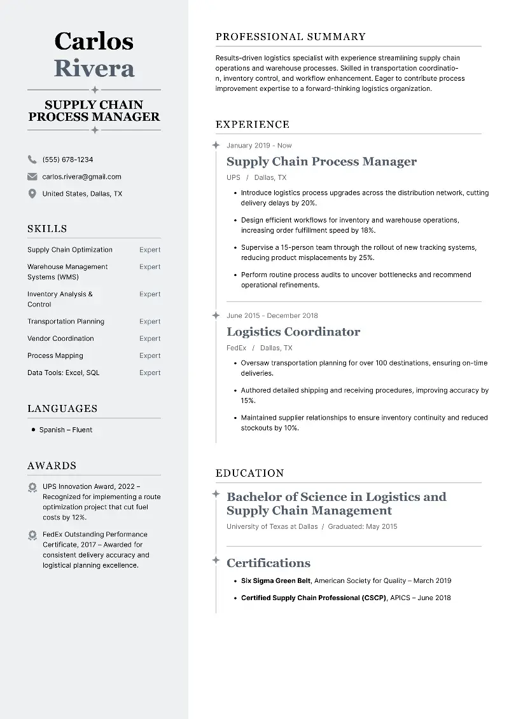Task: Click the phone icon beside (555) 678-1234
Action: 32,160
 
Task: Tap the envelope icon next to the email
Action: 32,177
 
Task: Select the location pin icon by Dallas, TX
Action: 32,194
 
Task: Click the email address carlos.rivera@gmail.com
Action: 81,177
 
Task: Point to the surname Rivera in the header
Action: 94,67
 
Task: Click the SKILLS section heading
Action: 47,229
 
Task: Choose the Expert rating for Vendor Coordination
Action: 150,339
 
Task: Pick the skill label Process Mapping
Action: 55,356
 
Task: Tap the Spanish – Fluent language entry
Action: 66,430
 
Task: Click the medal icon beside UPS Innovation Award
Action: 32,488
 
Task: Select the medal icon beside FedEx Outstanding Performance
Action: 32,536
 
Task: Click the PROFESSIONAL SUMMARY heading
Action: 291,37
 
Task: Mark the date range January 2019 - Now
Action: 259,146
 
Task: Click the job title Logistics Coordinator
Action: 293,332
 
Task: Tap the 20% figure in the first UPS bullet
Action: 309,203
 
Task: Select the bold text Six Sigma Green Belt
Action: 276,581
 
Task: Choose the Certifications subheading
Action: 268,563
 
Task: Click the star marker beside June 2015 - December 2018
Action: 216,315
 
